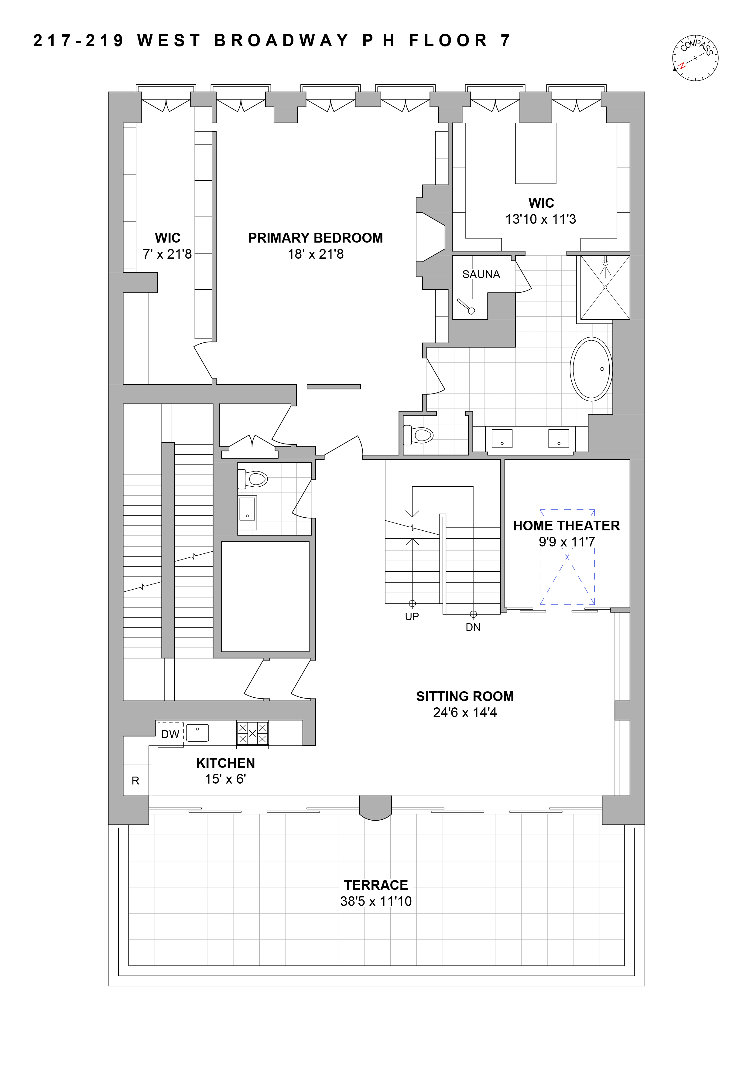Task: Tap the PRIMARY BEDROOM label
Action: click(316, 238)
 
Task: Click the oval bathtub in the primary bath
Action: click(591, 369)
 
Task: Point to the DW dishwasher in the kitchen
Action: click(170, 734)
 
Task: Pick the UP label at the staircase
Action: click(412, 617)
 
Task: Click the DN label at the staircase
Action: click(473, 627)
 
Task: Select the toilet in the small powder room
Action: click(252, 479)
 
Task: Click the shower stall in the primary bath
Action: click(605, 287)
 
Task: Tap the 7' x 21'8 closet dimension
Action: click(167, 254)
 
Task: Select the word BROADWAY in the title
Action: click(282, 41)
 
